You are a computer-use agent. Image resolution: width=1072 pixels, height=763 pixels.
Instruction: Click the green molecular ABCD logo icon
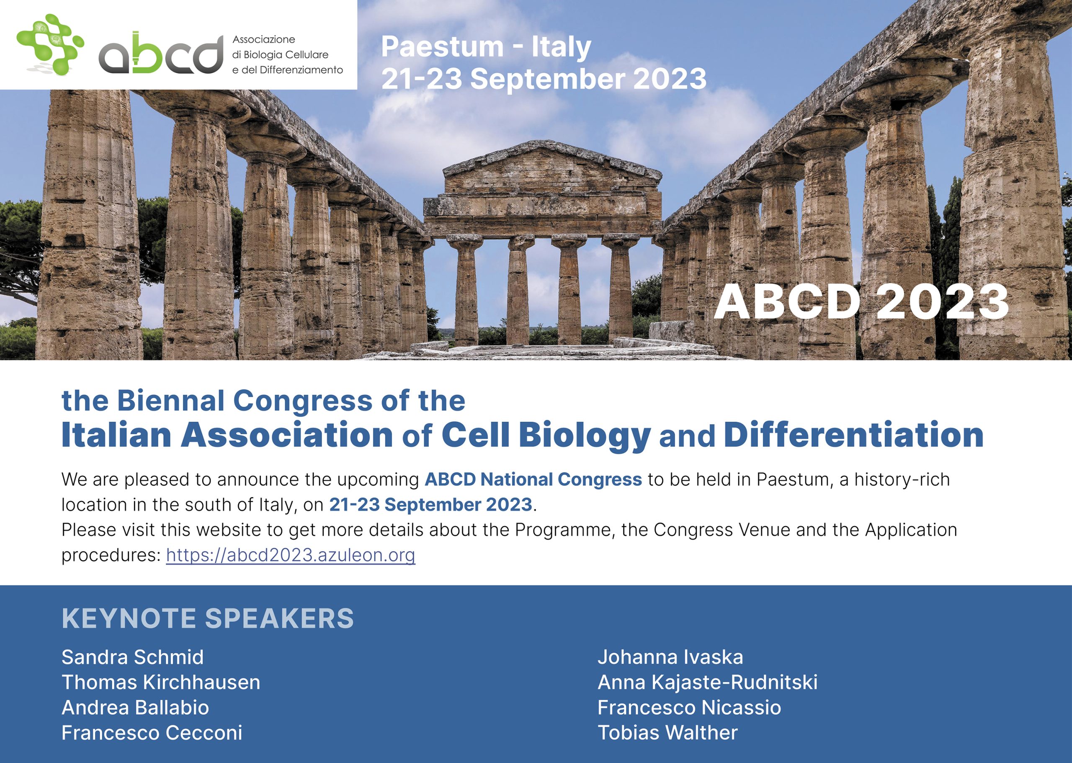pos(50,45)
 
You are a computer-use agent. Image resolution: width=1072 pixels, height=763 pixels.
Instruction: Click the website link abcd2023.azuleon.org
pos(291,555)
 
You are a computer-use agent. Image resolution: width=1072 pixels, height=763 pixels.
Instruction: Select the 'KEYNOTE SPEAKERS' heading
pos(208,618)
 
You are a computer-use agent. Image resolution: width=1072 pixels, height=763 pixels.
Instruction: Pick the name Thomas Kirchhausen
pos(161,682)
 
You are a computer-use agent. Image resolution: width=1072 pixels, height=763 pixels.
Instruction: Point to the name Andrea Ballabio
pos(135,708)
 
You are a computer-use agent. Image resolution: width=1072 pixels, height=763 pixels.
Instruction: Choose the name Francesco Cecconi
pos(152,733)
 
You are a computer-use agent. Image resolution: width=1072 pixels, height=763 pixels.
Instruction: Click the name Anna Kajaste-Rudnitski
pos(707,682)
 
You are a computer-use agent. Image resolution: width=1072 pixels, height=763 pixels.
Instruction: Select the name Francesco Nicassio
pos(689,708)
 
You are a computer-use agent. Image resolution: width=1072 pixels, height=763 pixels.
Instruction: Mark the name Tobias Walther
pos(667,733)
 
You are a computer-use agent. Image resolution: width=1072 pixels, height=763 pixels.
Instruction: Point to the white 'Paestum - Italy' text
pos(486,47)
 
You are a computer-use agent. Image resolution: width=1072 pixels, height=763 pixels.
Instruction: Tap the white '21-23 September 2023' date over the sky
pos(544,78)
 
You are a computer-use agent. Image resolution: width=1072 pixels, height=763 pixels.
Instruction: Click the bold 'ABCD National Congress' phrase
pos(533,479)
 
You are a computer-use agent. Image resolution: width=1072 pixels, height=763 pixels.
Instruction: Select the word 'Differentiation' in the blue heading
pos(853,435)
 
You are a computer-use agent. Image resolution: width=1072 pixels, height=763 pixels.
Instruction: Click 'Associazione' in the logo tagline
pos(263,39)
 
